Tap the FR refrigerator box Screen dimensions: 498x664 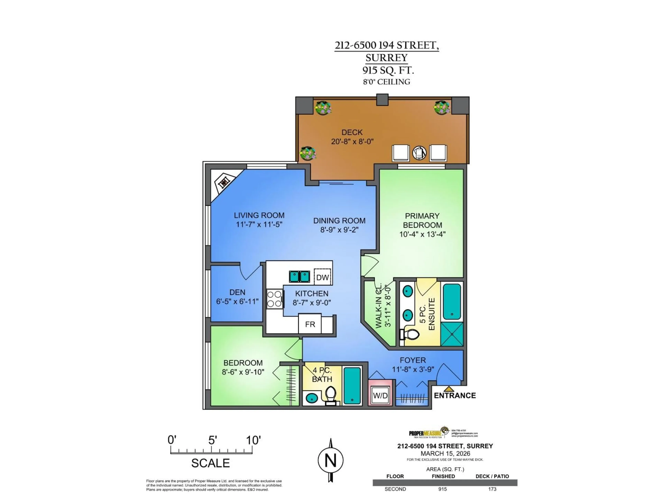pyautogui.click(x=310, y=324)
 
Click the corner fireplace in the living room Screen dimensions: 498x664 pyautogui.click(x=224, y=182)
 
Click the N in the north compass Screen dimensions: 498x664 pyautogui.click(x=330, y=460)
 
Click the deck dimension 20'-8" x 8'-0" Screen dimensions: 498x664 pyautogui.click(x=352, y=141)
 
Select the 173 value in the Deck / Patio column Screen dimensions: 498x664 pyautogui.click(x=492, y=489)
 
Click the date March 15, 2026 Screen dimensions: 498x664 pyautogui.click(x=445, y=454)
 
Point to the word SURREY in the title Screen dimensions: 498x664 pyautogui.click(x=386, y=58)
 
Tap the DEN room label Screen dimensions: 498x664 pyautogui.click(x=237, y=292)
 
